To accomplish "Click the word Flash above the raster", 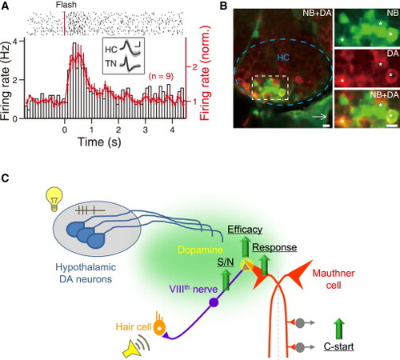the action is click(x=66, y=5).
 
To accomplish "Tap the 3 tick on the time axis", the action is click(x=146, y=130).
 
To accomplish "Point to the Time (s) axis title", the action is click(x=99, y=142).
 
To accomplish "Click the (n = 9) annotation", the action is click(x=161, y=76).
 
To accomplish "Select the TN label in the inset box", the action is click(x=110, y=63).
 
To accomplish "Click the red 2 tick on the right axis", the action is click(x=194, y=66).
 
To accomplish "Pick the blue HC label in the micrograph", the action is click(x=283, y=58).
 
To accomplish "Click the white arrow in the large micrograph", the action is click(x=319, y=117).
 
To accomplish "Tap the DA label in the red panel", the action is click(x=393, y=54).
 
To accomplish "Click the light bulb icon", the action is click(x=54, y=199).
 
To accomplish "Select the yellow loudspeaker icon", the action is click(x=136, y=347).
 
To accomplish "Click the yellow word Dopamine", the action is click(x=200, y=250).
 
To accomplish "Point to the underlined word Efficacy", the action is click(x=245, y=230).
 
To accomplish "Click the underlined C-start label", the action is click(x=338, y=346).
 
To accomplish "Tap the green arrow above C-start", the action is click(x=339, y=329).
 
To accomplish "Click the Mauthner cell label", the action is click(x=334, y=279).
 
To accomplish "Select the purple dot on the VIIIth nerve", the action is click(x=214, y=302).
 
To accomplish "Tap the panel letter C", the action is click(x=5, y=178).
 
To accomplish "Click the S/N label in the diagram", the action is click(x=226, y=262).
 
